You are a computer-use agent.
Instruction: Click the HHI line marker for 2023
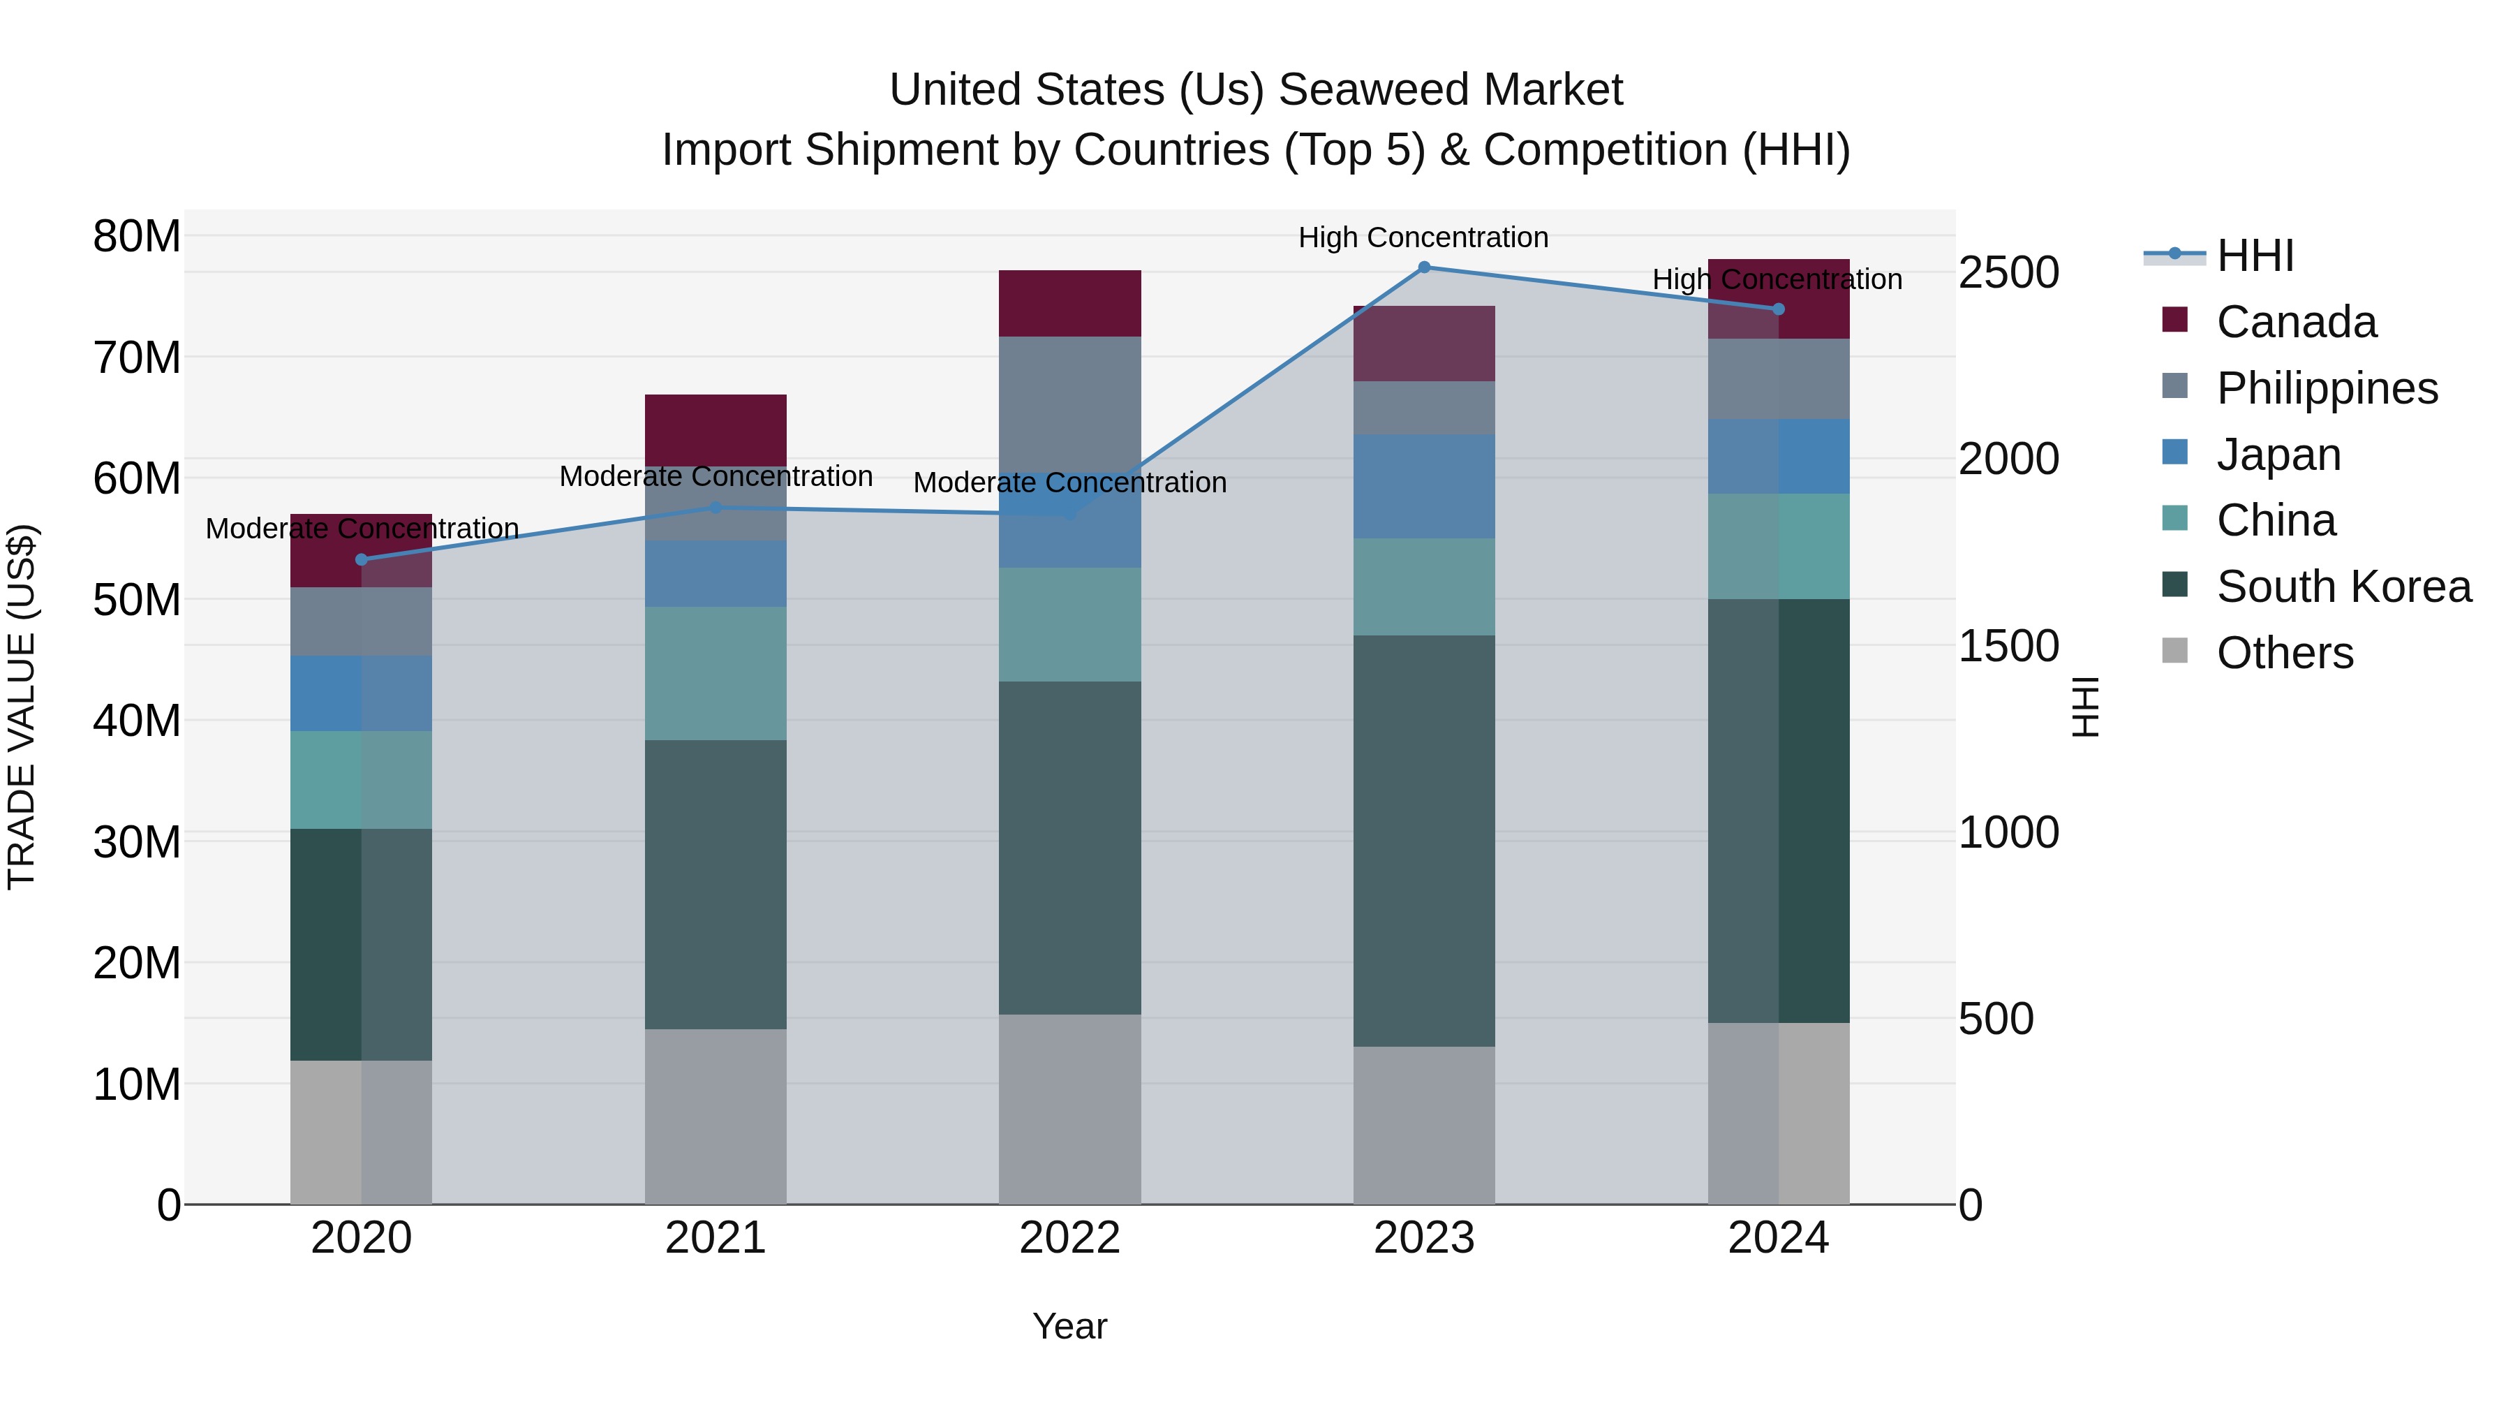pyautogui.click(x=1423, y=267)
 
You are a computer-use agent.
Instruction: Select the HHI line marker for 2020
pyautogui.click(x=361, y=559)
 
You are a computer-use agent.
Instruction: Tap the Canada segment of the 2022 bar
pyautogui.click(x=1069, y=304)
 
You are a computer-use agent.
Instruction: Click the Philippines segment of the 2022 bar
pyautogui.click(x=1069, y=400)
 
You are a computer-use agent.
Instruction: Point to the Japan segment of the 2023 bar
pyautogui.click(x=1423, y=486)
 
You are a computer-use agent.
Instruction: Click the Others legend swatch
pyautogui.click(x=2174, y=651)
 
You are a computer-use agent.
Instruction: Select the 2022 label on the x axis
pyautogui.click(x=1069, y=1238)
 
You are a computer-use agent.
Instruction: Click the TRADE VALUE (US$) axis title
pyautogui.click(x=22, y=707)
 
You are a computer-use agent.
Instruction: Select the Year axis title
pyautogui.click(x=1069, y=1326)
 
